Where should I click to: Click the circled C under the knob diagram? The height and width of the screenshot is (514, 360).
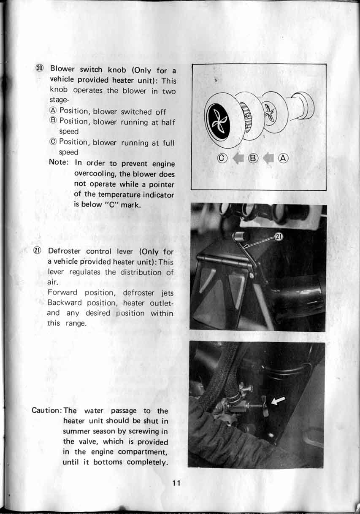(x=222, y=159)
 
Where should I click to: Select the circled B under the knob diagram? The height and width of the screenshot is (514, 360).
(x=253, y=159)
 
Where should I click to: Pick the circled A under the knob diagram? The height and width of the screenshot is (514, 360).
(x=284, y=159)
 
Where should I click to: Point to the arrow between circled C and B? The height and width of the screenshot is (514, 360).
(x=238, y=159)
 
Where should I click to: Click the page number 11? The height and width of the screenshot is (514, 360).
(x=176, y=484)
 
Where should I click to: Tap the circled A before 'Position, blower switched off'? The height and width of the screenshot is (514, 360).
(x=53, y=111)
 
